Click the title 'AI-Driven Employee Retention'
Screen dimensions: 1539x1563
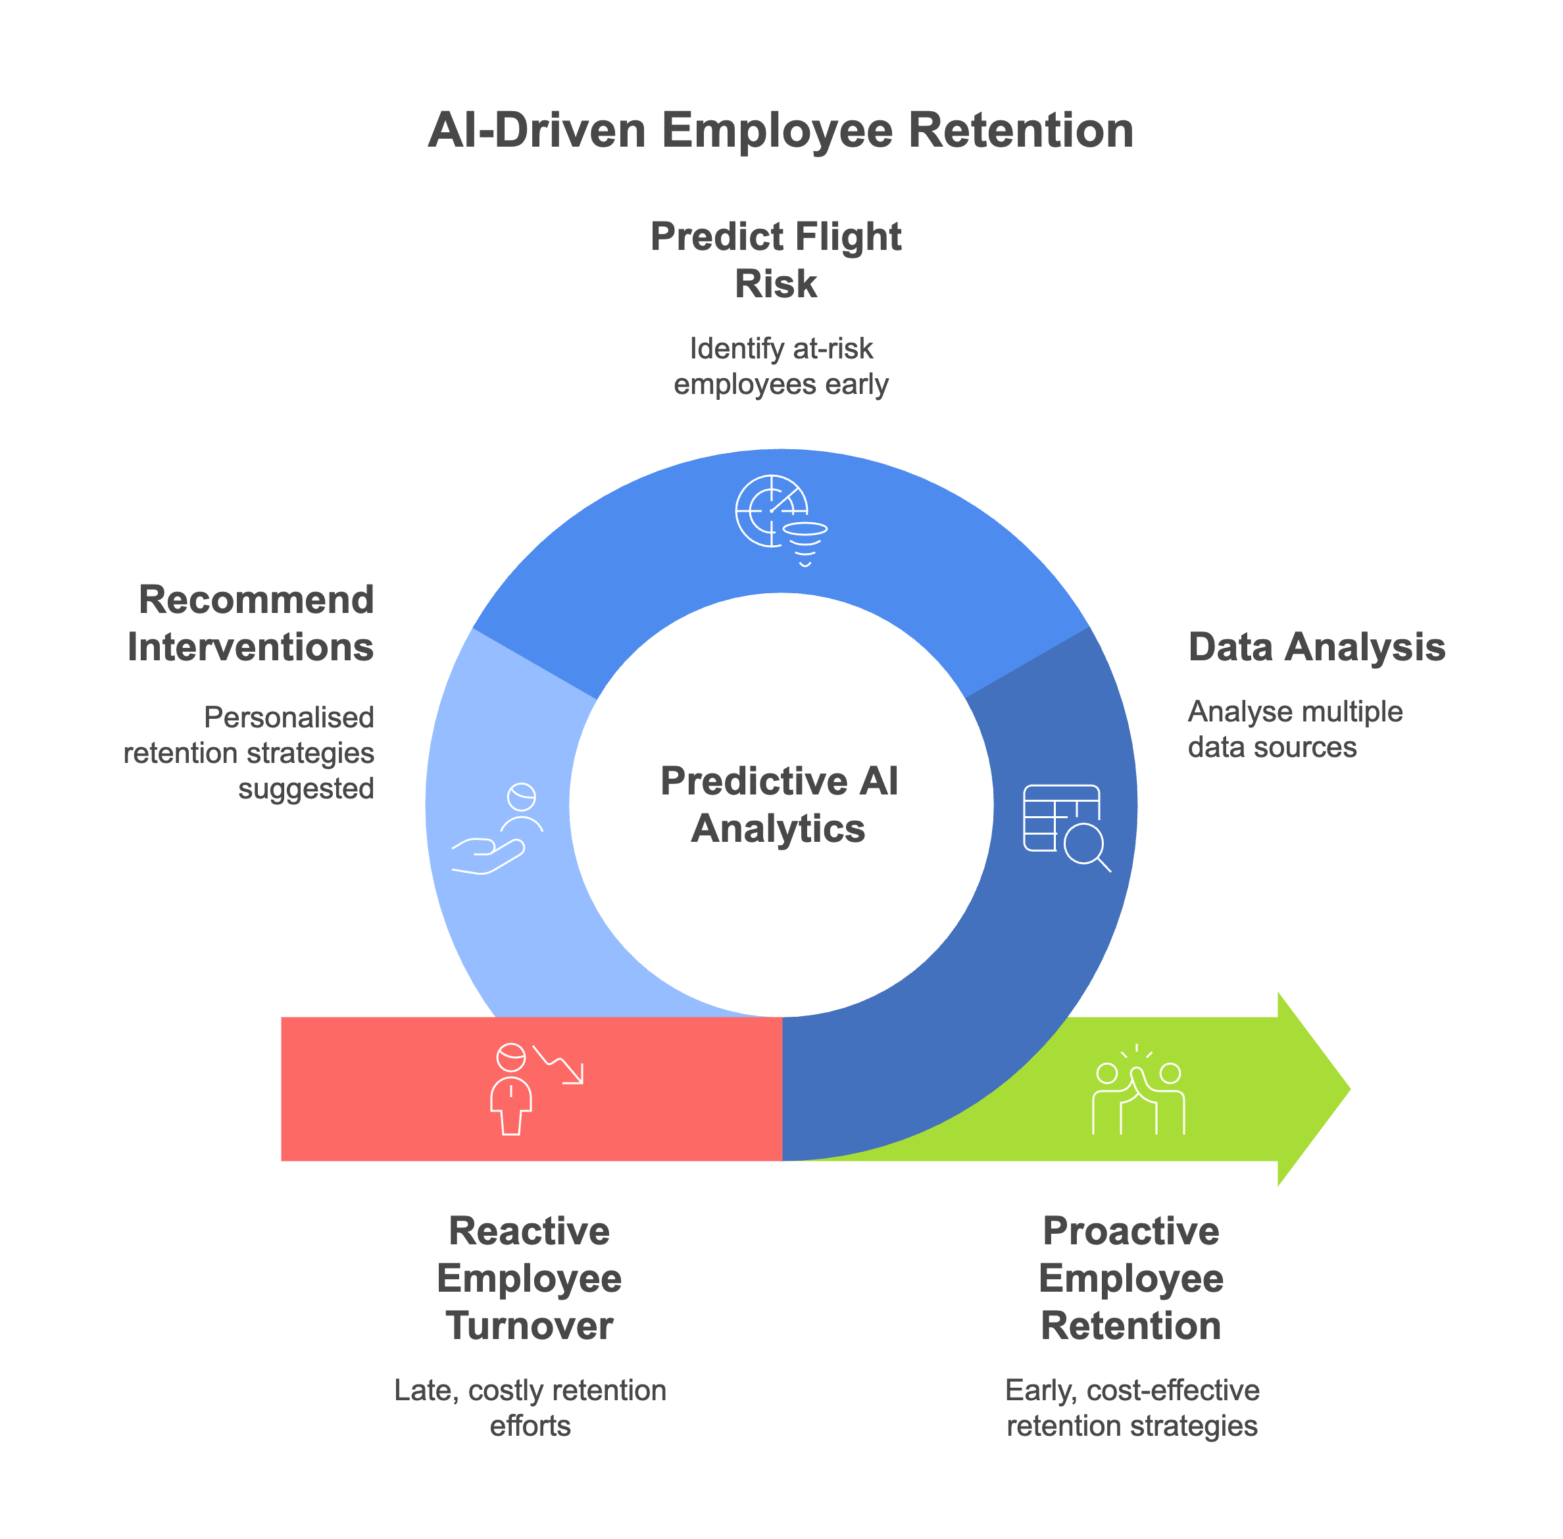click(x=780, y=130)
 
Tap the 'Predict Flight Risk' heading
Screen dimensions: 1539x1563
click(x=776, y=260)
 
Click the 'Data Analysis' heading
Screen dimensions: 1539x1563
click(x=1316, y=647)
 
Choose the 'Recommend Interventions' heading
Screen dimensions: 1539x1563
click(x=251, y=623)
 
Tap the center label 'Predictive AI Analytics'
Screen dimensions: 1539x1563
click(x=779, y=804)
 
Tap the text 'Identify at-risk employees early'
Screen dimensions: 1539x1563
click(x=780, y=366)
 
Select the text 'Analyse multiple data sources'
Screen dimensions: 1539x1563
click(x=1294, y=729)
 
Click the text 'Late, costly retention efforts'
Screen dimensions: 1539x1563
click(x=530, y=1408)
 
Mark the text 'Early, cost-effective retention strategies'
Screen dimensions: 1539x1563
click(x=1131, y=1408)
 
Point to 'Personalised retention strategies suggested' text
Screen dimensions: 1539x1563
click(x=250, y=752)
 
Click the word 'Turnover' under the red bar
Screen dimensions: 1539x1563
click(x=530, y=1327)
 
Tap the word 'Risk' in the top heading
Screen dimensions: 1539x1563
click(x=776, y=283)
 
